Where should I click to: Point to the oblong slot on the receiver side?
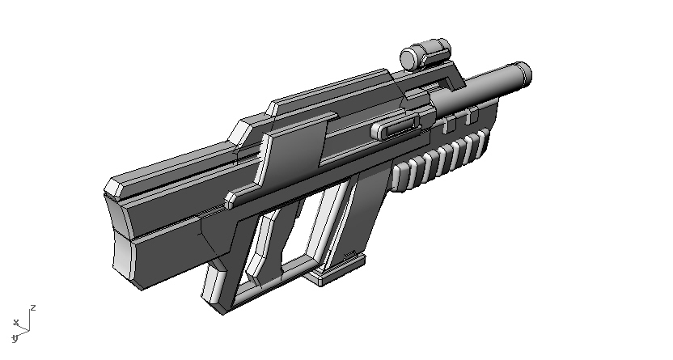click(395, 127)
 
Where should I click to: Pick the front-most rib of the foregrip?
click(484, 142)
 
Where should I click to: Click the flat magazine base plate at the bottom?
click(335, 272)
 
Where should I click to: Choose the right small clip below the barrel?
click(468, 118)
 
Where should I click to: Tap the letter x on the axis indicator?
click(15, 323)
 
